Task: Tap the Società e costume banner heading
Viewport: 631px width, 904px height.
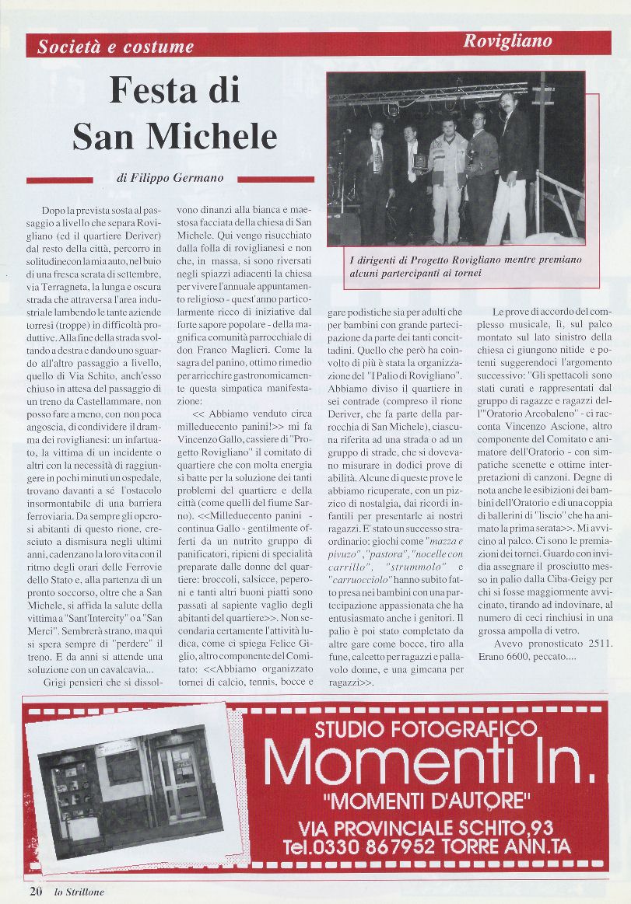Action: tap(116, 47)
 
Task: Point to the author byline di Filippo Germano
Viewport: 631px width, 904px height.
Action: tap(170, 178)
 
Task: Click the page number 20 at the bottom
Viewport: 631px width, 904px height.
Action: tap(36, 891)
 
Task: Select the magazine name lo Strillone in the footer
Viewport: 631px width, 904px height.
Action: tap(79, 892)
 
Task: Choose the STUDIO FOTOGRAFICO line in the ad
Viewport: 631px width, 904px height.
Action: tap(426, 728)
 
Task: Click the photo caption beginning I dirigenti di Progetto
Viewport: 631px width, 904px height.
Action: tap(465, 266)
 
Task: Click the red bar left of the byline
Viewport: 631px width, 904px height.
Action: tap(71, 180)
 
